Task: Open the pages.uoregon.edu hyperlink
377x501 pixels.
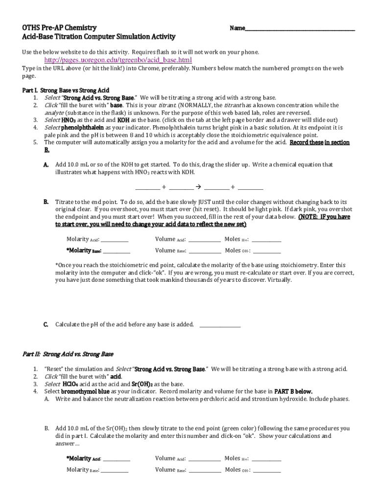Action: pyautogui.click(x=115, y=60)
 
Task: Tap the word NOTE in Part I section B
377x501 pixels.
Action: pyautogui.click(x=309, y=217)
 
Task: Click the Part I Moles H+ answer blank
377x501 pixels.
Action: pyautogui.click(x=266, y=240)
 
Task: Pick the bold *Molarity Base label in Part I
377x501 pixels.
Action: pyautogui.click(x=84, y=251)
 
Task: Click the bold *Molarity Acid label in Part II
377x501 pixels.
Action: pyautogui.click(x=84, y=459)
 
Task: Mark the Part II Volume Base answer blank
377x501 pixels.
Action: pyautogui.click(x=205, y=471)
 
